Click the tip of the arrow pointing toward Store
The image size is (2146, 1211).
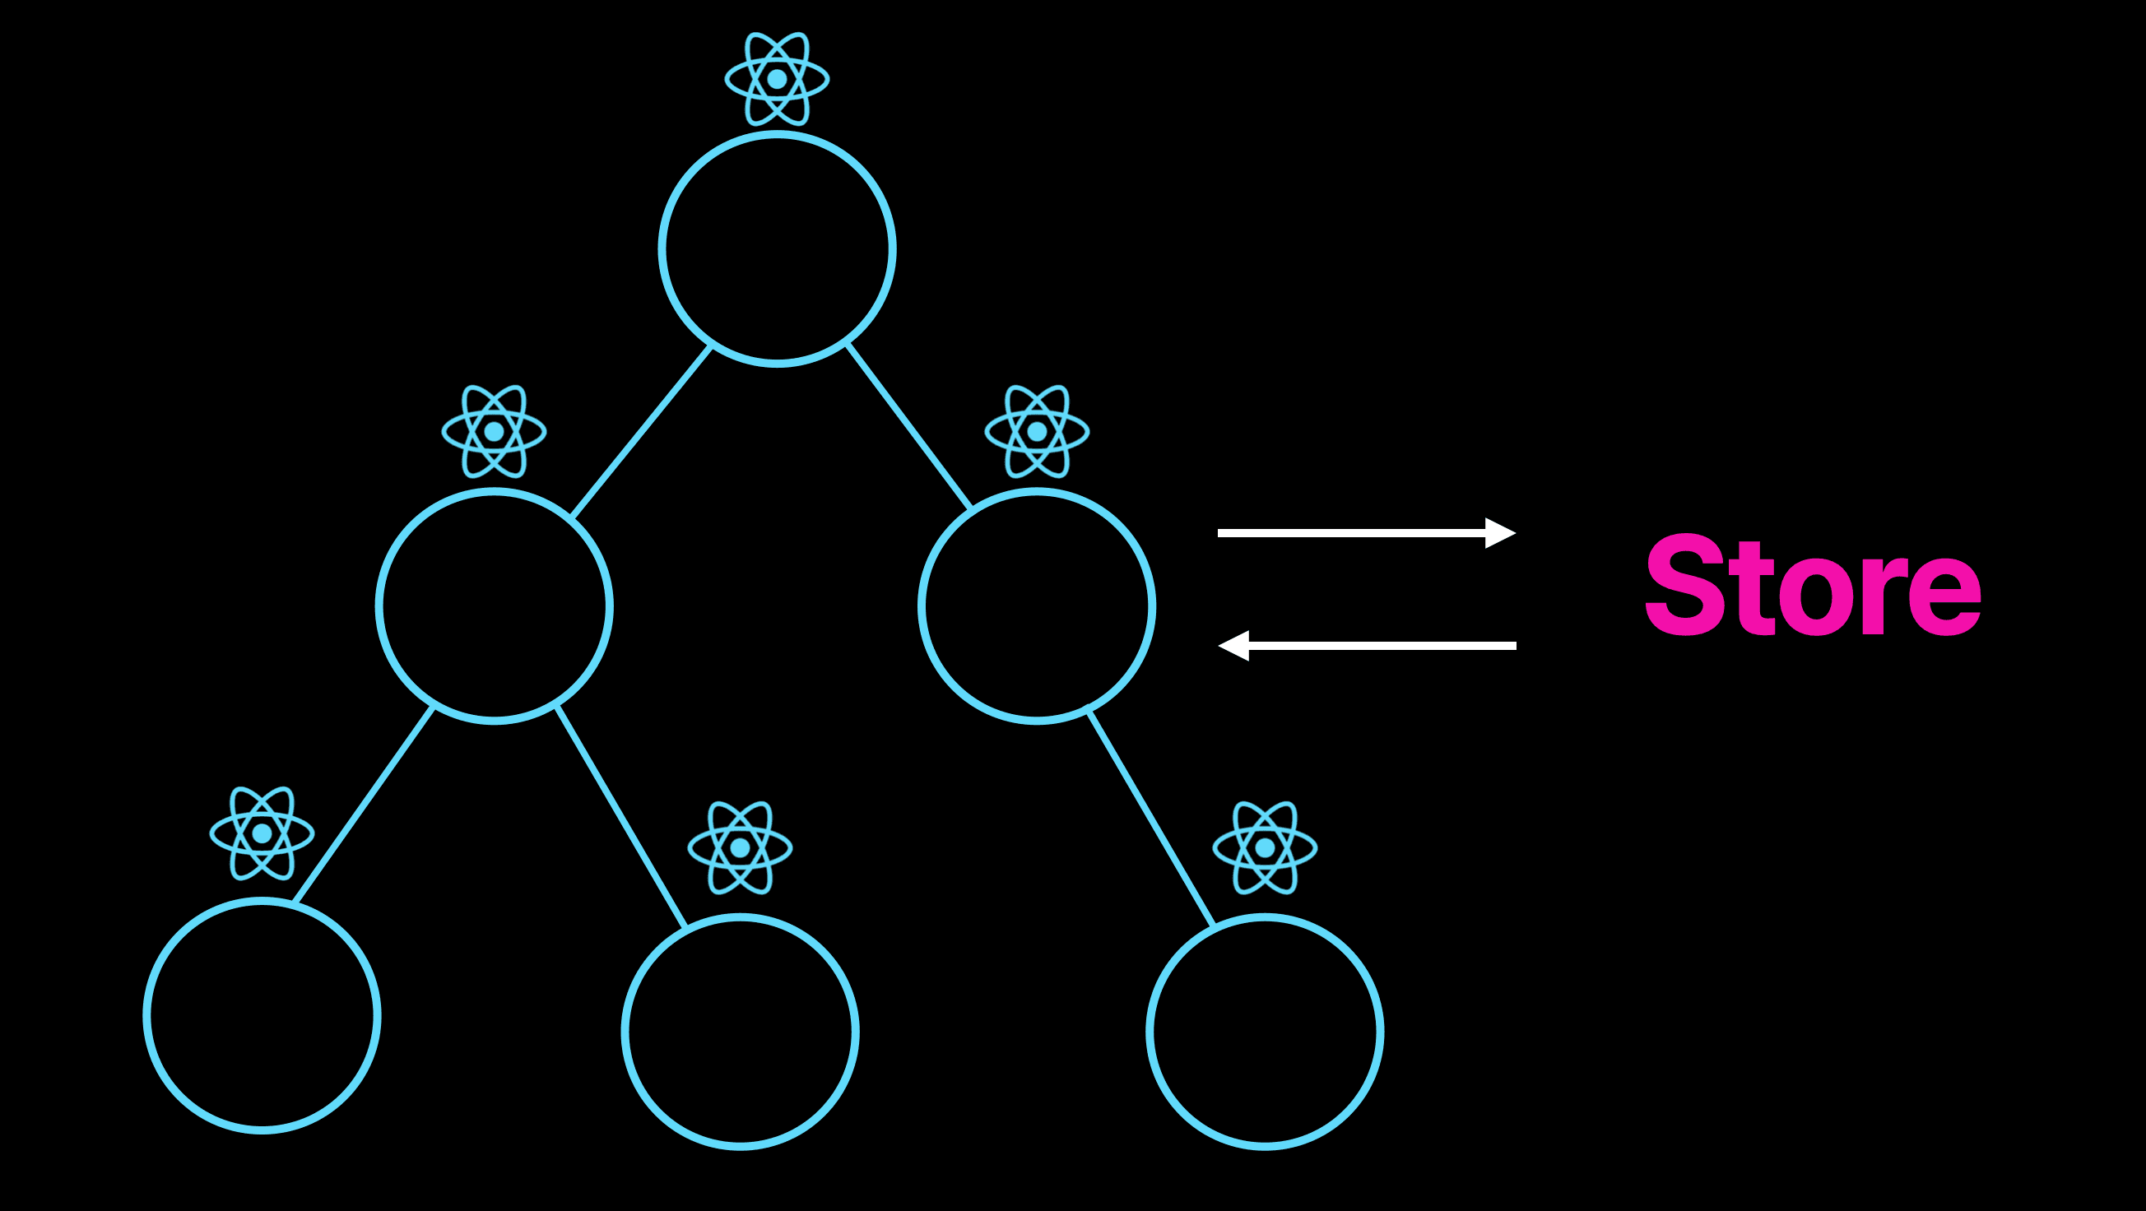click(x=1516, y=533)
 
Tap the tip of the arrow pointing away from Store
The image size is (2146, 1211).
click(x=1218, y=646)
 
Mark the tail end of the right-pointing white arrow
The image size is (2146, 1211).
click(x=1219, y=533)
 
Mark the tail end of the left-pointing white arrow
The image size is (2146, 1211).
click(x=1516, y=646)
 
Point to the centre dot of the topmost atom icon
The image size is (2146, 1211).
click(x=778, y=79)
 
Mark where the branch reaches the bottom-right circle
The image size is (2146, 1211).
click(x=1213, y=926)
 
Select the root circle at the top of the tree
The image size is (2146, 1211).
click(x=778, y=249)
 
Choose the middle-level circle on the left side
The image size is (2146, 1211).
click(x=494, y=606)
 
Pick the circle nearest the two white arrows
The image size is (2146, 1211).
click(x=1037, y=606)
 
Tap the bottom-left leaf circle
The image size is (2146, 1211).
click(x=262, y=1016)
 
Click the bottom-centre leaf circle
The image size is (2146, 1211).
click(x=740, y=1032)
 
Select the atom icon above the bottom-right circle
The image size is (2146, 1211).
click(x=1265, y=848)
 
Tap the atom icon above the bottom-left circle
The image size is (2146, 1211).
click(x=262, y=833)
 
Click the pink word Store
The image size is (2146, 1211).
click(x=1813, y=586)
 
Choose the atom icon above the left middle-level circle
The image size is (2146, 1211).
click(x=494, y=431)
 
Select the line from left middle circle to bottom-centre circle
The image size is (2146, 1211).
click(x=620, y=816)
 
